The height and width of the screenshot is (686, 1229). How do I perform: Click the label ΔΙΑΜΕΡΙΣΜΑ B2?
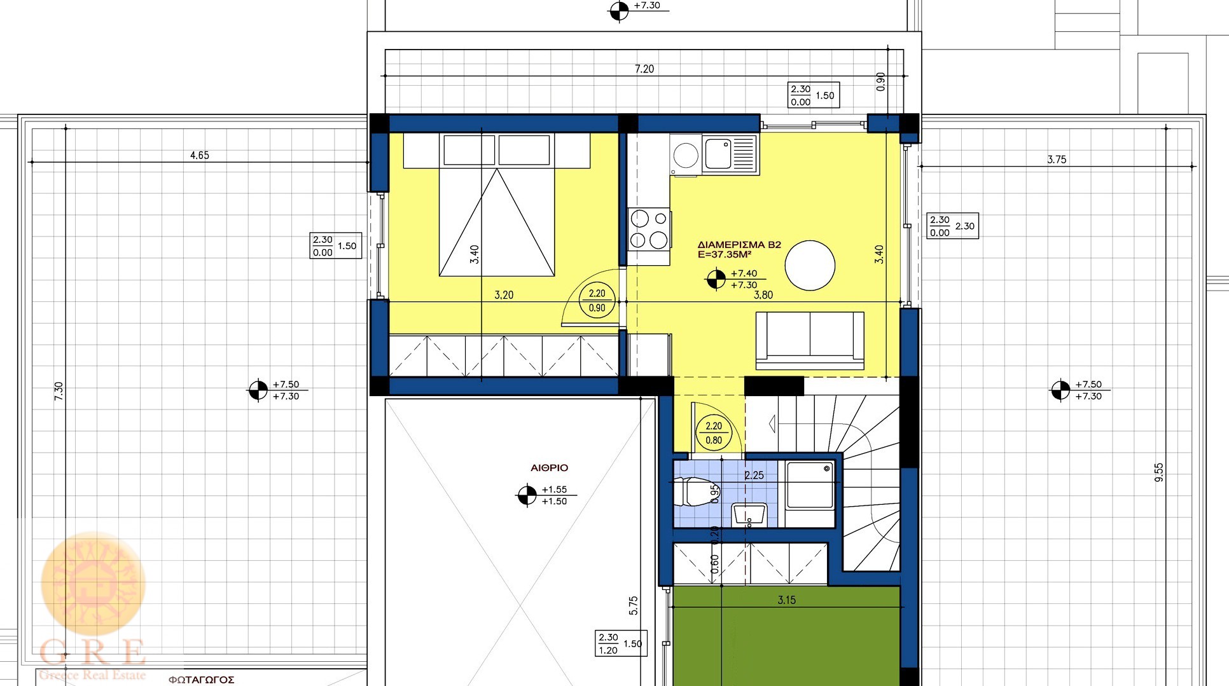pyautogui.click(x=739, y=245)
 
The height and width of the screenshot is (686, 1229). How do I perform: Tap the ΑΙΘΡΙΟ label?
pyautogui.click(x=550, y=468)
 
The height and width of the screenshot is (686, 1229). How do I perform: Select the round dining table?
pyautogui.click(x=810, y=265)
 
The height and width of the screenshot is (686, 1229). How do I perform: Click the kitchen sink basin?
pyautogui.click(x=718, y=154)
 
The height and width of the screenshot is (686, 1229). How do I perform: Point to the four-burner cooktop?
pyautogui.click(x=649, y=229)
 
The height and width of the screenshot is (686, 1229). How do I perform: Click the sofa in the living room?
pyautogui.click(x=810, y=340)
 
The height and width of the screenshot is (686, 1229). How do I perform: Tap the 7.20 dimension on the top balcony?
pyautogui.click(x=644, y=69)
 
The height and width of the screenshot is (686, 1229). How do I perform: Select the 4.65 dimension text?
pyautogui.click(x=199, y=155)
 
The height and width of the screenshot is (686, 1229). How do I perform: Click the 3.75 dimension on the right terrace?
pyautogui.click(x=1057, y=160)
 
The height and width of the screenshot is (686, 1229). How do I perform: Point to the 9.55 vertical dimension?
pyautogui.click(x=1158, y=472)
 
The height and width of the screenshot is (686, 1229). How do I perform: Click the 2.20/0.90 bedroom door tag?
pyautogui.click(x=597, y=301)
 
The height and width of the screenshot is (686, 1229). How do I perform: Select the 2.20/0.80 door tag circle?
pyautogui.click(x=714, y=433)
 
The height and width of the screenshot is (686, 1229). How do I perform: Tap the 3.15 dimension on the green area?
pyautogui.click(x=786, y=600)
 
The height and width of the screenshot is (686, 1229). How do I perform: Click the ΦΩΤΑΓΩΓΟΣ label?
pyautogui.click(x=202, y=680)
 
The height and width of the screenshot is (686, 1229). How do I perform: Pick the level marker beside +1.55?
pyautogui.click(x=527, y=495)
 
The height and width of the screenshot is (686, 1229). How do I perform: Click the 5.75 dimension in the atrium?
pyautogui.click(x=633, y=605)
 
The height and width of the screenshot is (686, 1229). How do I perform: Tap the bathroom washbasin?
pyautogui.click(x=750, y=514)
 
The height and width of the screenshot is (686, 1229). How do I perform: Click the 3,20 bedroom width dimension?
pyautogui.click(x=504, y=295)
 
